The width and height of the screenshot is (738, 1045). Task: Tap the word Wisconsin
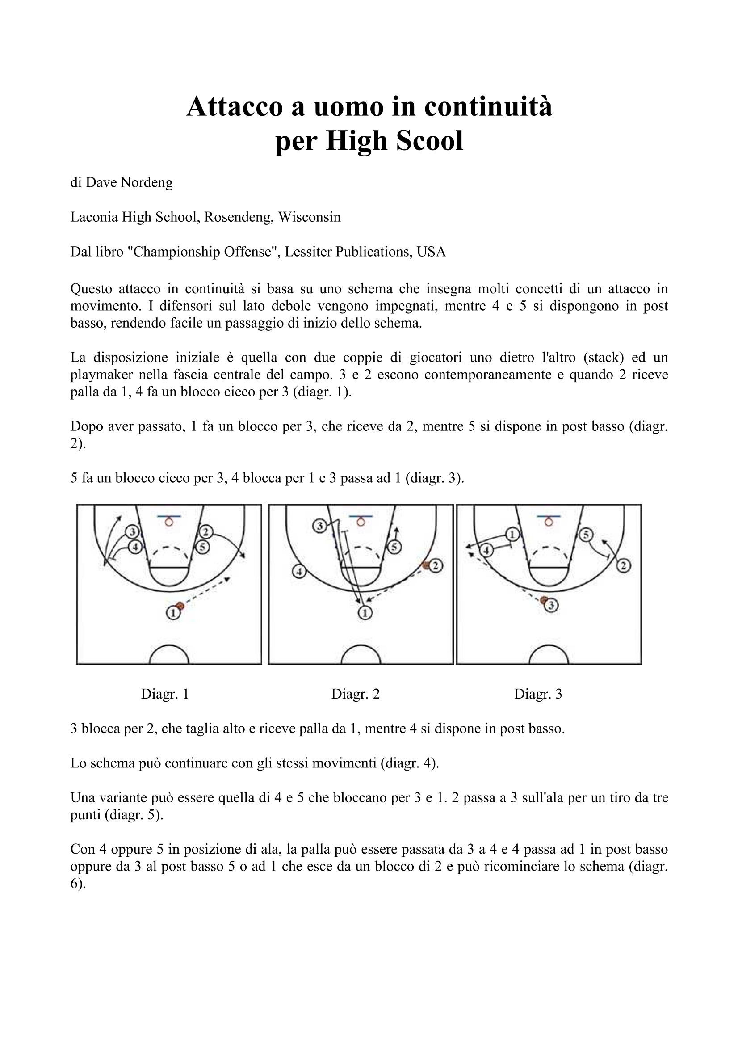click(x=310, y=217)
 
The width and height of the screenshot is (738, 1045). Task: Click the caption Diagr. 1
click(x=165, y=694)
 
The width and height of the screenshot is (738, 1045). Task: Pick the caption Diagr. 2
click(x=355, y=694)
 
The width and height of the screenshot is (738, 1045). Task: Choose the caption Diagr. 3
click(x=538, y=694)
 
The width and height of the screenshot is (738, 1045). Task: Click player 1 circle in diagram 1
click(x=173, y=613)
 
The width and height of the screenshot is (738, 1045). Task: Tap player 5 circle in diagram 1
click(x=202, y=547)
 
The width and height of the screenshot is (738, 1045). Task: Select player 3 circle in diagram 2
click(x=319, y=526)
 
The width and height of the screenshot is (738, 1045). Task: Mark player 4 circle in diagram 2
click(x=299, y=571)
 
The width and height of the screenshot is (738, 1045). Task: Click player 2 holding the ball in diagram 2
click(x=436, y=566)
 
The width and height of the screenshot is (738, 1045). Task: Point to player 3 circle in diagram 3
click(x=551, y=605)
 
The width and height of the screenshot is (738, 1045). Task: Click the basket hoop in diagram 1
click(x=169, y=522)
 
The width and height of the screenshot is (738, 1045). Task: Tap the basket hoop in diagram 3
click(x=549, y=522)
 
